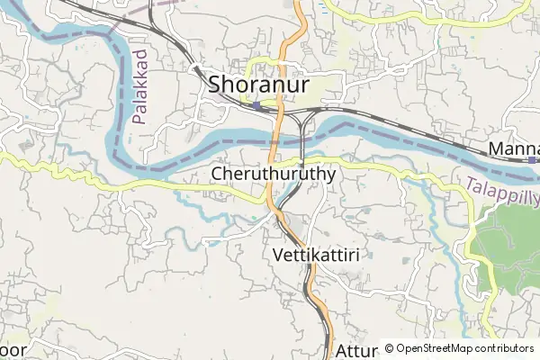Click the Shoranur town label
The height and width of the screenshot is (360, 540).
tap(259, 85)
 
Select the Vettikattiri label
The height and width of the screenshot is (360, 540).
tap(315, 255)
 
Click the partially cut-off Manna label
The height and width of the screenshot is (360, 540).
tap(514, 148)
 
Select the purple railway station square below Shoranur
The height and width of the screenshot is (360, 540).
tap(257, 105)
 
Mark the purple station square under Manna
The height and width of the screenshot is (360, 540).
tap(533, 160)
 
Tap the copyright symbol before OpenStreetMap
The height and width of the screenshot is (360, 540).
tap(388, 348)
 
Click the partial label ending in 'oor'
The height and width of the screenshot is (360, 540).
tap(12, 349)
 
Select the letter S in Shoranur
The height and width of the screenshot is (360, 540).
tap(216, 85)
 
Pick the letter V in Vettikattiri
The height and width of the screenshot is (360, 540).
tap(275, 255)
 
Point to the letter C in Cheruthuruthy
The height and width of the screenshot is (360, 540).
tap(219, 174)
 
